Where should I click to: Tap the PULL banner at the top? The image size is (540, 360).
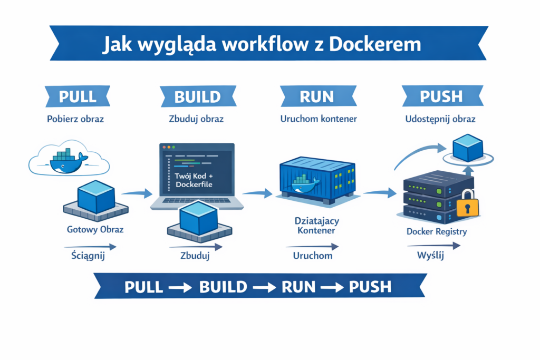click(x=78, y=96)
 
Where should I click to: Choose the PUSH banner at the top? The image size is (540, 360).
click(x=441, y=96)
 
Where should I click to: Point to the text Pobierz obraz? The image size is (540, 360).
click(x=75, y=119)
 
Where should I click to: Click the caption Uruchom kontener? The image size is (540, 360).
click(x=318, y=119)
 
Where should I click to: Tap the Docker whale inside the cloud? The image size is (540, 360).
click(x=64, y=161)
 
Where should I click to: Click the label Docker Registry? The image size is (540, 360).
click(x=437, y=231)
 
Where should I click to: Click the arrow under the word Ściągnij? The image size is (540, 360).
click(x=90, y=247)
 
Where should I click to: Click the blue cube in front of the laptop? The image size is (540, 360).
click(x=199, y=217)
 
